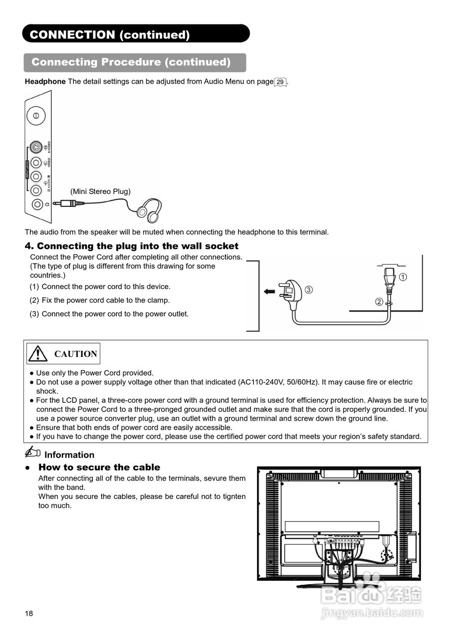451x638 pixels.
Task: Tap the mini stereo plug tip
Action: pyautogui.click(x=56, y=203)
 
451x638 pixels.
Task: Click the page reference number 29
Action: pyautogui.click(x=280, y=82)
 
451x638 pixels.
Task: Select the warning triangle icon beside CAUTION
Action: pyautogui.click(x=38, y=353)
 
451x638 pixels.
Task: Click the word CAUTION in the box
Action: pyautogui.click(x=75, y=354)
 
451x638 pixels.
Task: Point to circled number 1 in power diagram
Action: pyautogui.click(x=403, y=277)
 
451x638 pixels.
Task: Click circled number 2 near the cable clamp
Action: pyautogui.click(x=379, y=302)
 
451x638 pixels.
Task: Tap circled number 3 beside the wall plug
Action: pyautogui.click(x=309, y=290)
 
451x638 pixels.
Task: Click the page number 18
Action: pyautogui.click(x=29, y=614)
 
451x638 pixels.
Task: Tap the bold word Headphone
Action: pyautogui.click(x=45, y=82)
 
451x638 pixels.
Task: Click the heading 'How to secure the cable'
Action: pyautogui.click(x=99, y=467)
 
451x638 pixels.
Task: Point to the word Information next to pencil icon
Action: pyautogui.click(x=69, y=455)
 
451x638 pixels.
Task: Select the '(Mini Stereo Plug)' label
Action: pyautogui.click(x=100, y=191)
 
